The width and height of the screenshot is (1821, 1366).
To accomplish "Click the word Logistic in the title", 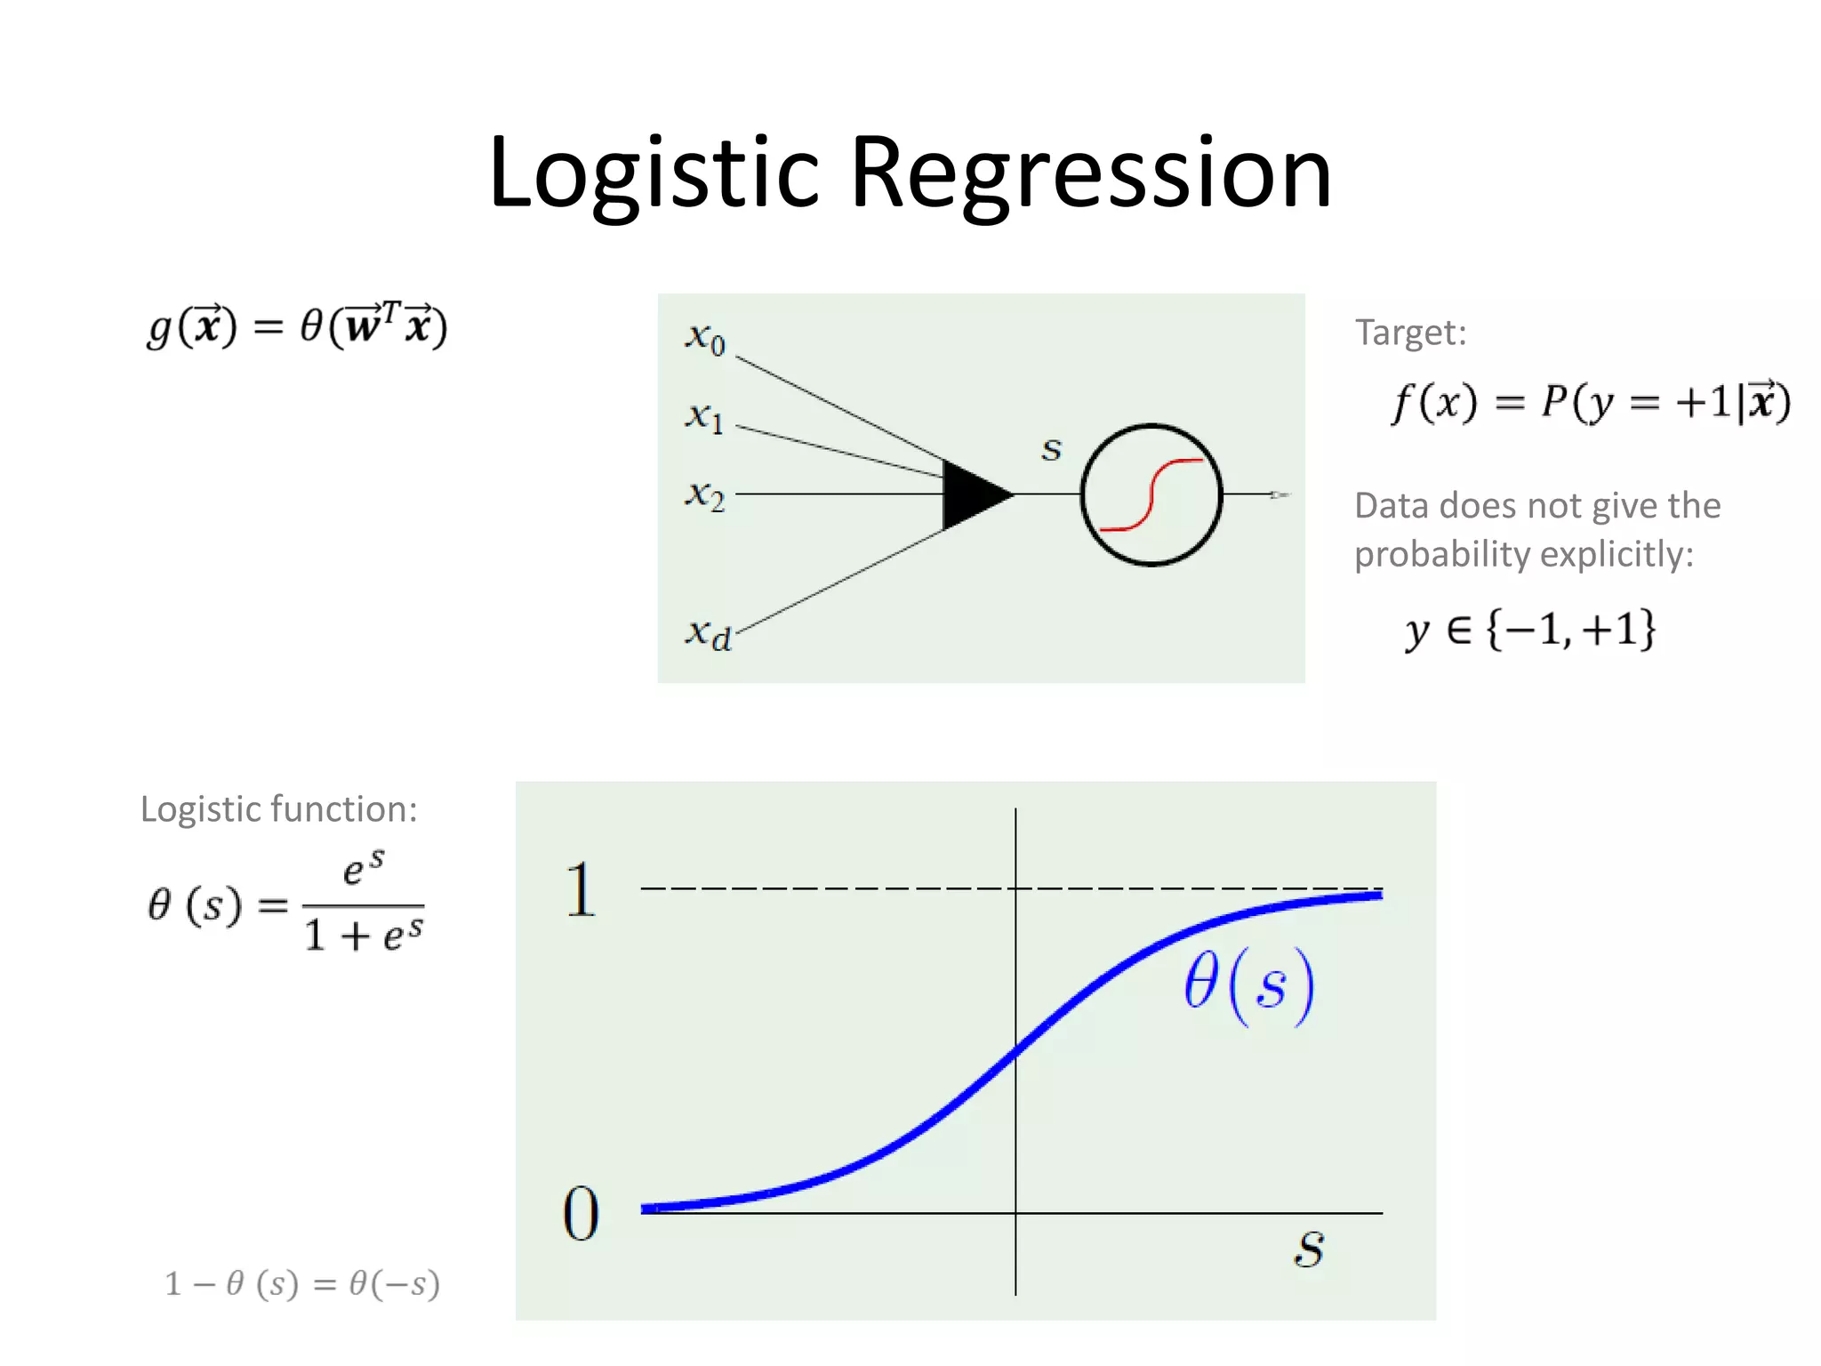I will click(654, 173).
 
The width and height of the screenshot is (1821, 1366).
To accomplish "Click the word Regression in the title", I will click(1091, 173).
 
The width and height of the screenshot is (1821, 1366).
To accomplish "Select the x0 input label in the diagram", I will click(705, 338).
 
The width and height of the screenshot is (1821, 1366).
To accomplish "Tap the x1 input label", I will click(705, 416).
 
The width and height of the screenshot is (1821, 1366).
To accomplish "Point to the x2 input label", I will click(705, 494).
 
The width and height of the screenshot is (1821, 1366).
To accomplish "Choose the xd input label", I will click(708, 634).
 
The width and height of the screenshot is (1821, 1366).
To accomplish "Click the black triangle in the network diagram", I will click(974, 494).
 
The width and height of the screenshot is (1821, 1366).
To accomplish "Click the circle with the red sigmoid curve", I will click(1151, 494).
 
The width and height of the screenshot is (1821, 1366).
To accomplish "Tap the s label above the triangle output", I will click(1052, 449).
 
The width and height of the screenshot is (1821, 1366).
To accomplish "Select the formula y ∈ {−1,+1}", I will click(1529, 630).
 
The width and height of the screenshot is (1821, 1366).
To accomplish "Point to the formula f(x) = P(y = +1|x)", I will click(1590, 402).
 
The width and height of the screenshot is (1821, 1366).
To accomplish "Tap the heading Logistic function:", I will click(278, 809).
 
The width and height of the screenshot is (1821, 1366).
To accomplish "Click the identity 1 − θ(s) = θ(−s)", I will click(302, 1283).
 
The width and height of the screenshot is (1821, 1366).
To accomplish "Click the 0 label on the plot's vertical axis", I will click(582, 1214).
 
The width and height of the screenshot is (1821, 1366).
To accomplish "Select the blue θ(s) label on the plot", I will click(1248, 986).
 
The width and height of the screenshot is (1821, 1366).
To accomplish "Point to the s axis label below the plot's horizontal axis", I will click(1309, 1249).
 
